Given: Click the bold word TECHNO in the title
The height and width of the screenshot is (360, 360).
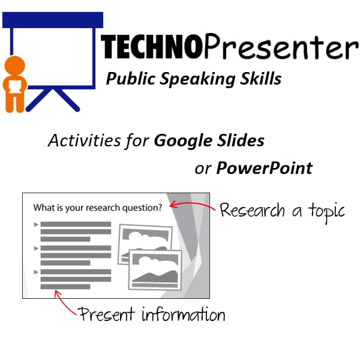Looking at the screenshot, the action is (152, 47).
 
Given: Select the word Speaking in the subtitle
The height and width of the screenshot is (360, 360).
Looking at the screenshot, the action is (197, 79).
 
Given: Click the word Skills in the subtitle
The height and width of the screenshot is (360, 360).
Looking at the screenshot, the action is (261, 78).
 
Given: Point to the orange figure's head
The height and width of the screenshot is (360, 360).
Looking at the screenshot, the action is (14, 65).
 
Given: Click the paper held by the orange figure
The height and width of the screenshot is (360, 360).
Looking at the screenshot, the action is (15, 86).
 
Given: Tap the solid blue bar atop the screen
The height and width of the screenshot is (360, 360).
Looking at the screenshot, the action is (53, 20).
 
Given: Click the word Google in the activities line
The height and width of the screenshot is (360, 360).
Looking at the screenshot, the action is (183, 141).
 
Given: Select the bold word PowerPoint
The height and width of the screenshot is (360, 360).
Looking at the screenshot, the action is (264, 168).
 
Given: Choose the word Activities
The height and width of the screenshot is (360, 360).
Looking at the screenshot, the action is (85, 140).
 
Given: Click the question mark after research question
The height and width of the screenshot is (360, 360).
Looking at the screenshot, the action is (160, 208).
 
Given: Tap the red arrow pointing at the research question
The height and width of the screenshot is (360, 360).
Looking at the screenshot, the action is (193, 205).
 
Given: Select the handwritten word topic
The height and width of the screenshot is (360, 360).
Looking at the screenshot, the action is (326, 211).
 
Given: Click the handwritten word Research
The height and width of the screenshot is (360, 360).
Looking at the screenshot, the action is (252, 210).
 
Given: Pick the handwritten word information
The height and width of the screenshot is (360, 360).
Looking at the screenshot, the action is (184, 314).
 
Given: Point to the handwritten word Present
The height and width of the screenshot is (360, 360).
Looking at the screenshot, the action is (106, 314).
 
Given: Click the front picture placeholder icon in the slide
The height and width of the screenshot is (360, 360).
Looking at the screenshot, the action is (155, 269).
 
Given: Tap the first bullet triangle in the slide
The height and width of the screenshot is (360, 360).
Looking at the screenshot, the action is (36, 224).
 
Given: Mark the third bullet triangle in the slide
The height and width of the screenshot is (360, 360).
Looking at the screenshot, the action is (36, 272).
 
